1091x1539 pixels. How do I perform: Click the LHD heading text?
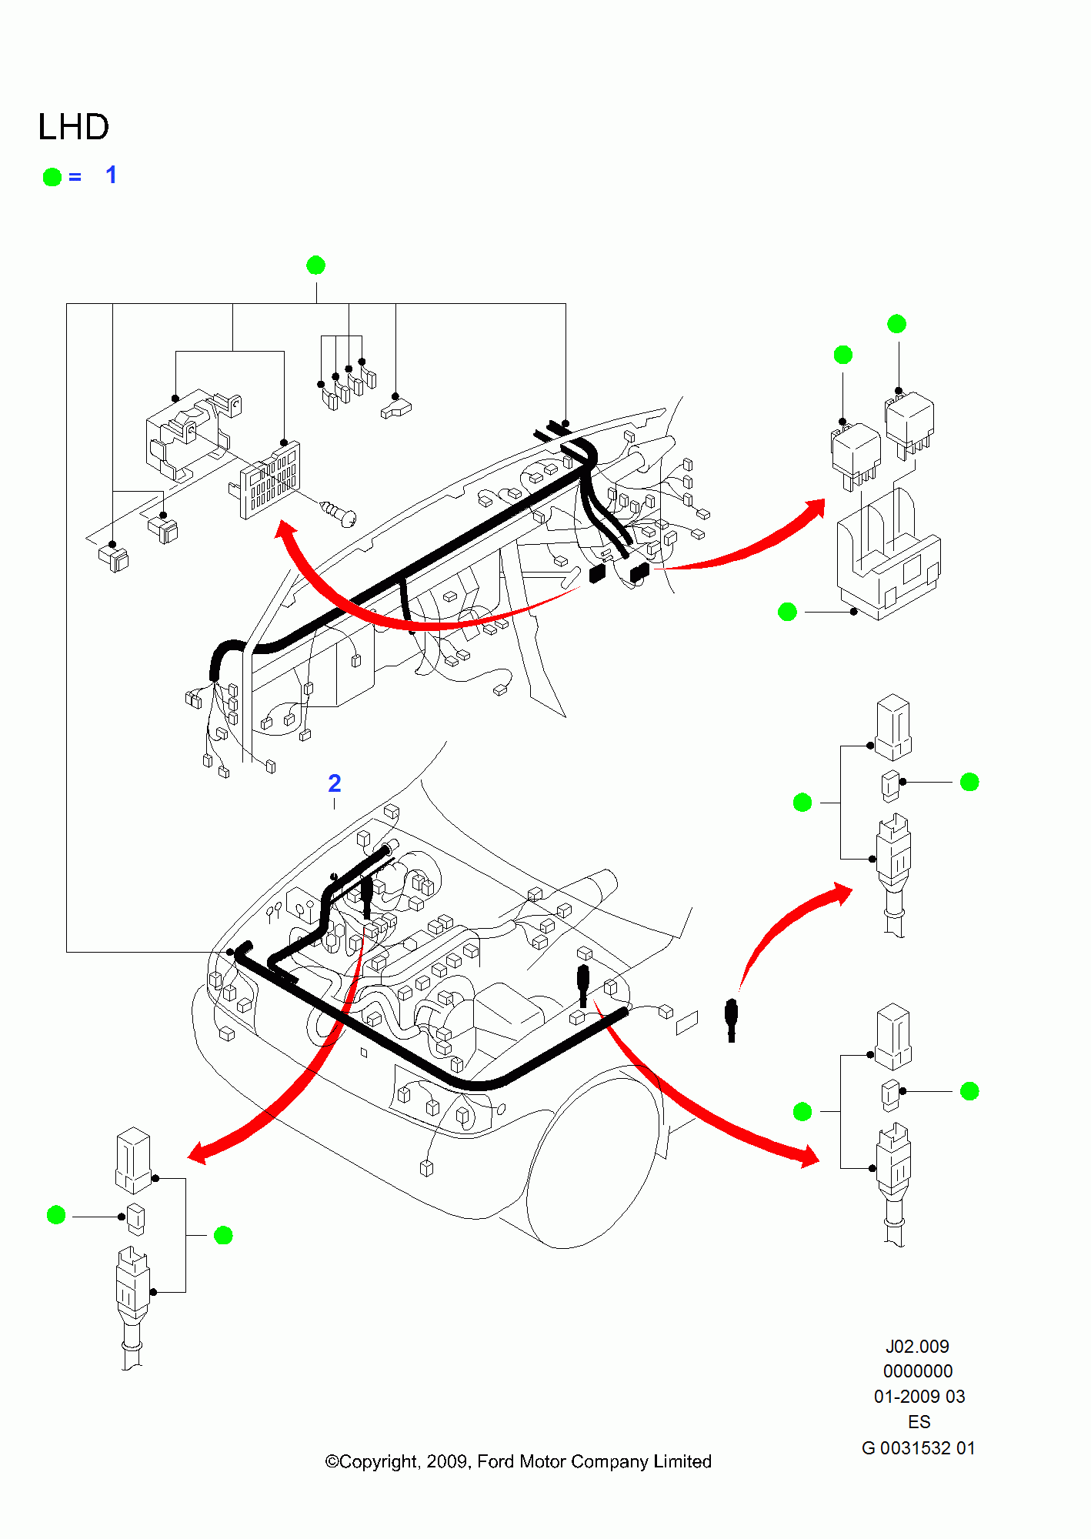click(73, 127)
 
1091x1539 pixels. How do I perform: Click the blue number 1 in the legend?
click(112, 175)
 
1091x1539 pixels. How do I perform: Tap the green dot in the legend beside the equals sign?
click(52, 177)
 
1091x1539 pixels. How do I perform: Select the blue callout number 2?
click(334, 783)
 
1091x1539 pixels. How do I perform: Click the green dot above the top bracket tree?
click(315, 265)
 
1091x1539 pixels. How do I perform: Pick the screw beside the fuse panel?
click(339, 512)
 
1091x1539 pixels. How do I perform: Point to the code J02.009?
click(917, 1347)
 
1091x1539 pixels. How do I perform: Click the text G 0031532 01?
click(918, 1448)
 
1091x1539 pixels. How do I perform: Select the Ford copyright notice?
click(518, 1461)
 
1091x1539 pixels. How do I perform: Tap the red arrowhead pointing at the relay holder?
click(816, 510)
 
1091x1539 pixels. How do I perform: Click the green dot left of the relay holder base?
click(787, 612)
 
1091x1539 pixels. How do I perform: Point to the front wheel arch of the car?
click(592, 1154)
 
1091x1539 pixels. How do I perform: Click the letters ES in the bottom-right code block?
click(919, 1422)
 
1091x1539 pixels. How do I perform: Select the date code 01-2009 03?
click(919, 1397)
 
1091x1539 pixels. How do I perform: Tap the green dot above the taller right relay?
click(896, 324)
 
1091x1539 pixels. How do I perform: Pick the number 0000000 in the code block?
click(918, 1371)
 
